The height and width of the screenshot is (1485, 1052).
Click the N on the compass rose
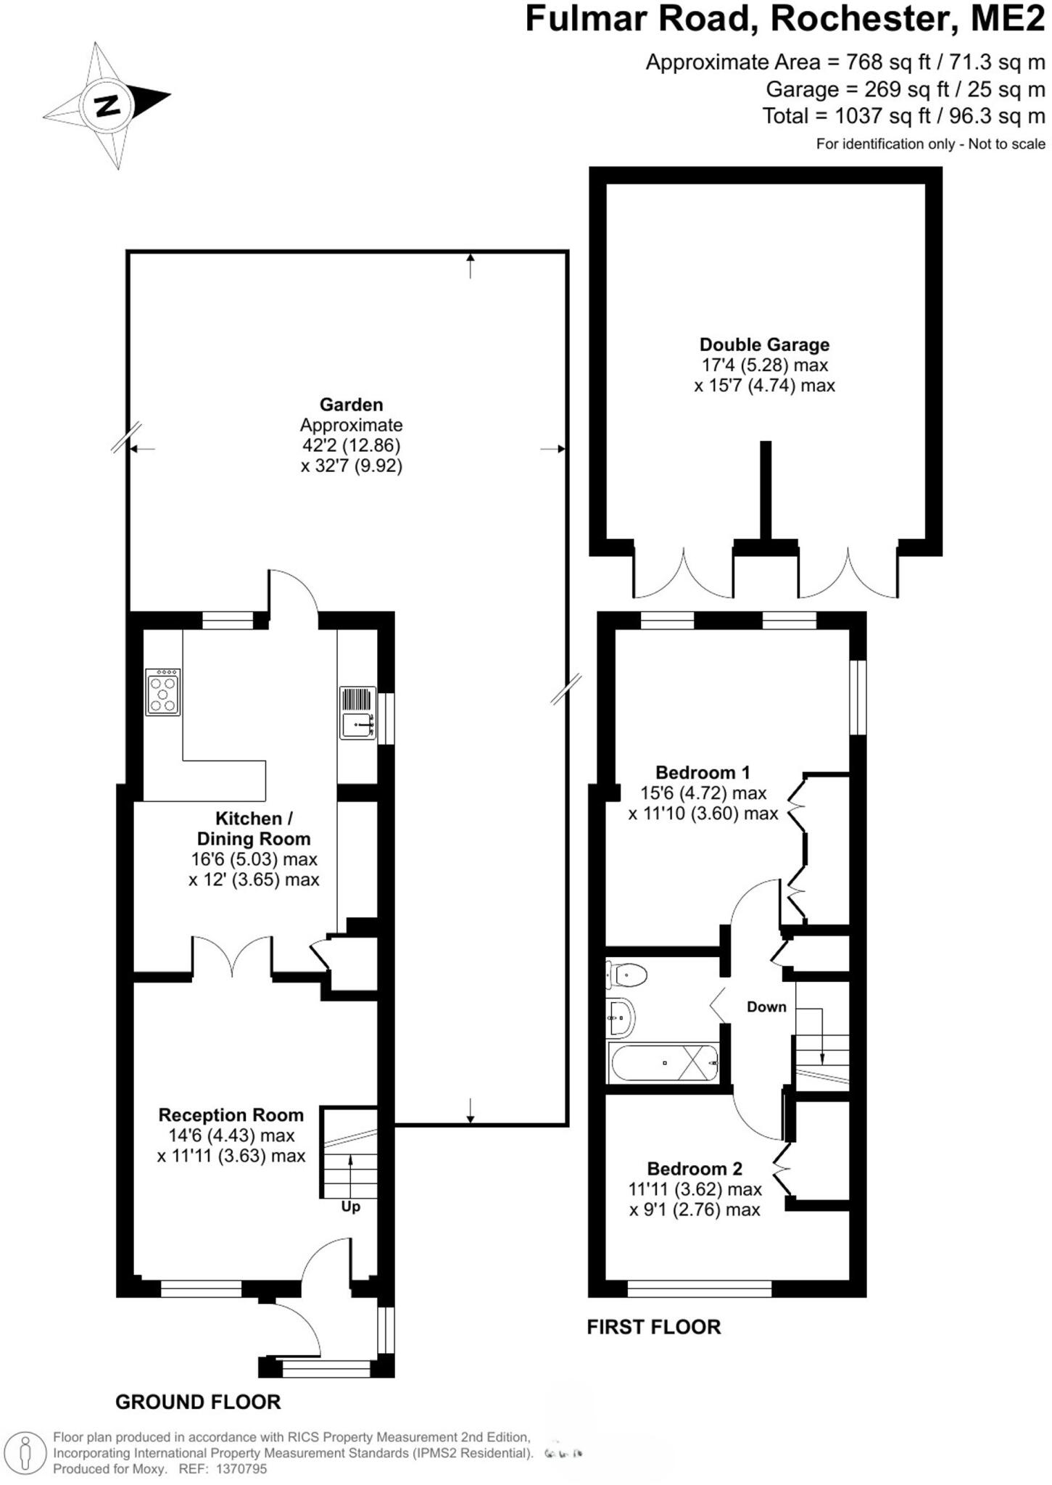coord(108,106)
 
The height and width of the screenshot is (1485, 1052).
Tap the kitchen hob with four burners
coord(162,692)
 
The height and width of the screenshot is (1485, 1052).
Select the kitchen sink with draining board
coord(358,713)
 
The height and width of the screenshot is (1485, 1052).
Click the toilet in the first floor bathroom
coord(627,975)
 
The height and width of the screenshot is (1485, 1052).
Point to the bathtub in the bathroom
coord(664,1063)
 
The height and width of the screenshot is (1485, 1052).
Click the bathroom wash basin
coord(621,1017)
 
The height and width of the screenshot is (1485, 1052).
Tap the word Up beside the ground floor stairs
coord(350,1207)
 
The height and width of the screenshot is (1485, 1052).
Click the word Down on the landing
coord(766,1006)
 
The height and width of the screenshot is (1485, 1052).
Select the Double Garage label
coord(764,344)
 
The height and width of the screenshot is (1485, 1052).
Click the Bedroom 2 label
coord(695,1169)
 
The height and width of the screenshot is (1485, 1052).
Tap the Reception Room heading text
coord(231,1115)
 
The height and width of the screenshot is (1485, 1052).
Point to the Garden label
coord(351,405)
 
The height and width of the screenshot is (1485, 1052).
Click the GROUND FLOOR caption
coord(198,1402)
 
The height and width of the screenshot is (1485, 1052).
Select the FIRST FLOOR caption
coord(653,1327)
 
